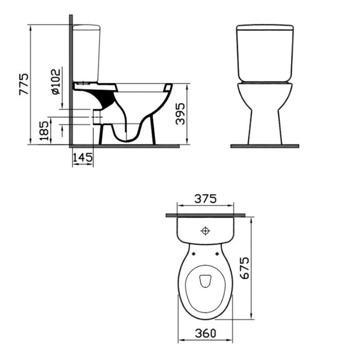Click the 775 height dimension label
tap(24, 84)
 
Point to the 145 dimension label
tap(83, 158)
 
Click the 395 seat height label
tap(179, 113)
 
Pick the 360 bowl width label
tap(205, 333)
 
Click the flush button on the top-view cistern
tap(205, 231)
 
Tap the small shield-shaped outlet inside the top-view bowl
tap(205, 280)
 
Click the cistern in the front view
tap(264, 52)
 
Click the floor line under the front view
tap(264, 146)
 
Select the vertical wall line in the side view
tap(70, 77)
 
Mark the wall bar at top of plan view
tap(205, 215)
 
